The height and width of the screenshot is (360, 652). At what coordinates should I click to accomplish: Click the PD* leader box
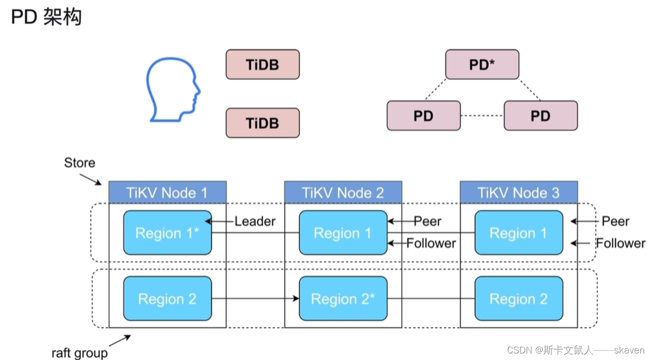coord(482,64)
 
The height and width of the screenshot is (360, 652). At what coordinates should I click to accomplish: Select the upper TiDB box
coord(262,64)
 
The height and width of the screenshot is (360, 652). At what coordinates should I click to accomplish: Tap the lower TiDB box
coord(262,123)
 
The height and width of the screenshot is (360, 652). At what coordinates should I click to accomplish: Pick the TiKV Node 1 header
coord(167,192)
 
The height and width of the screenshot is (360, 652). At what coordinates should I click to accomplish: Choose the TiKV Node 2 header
coord(343,192)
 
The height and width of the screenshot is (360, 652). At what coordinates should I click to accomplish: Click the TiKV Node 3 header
coord(519,192)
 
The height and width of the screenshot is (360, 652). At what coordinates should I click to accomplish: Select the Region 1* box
coord(167,233)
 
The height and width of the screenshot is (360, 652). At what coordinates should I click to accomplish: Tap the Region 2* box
coord(343,299)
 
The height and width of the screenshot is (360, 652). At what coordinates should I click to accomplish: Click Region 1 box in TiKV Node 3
coord(519,233)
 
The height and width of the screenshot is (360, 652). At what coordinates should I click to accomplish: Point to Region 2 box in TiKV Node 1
coord(167,299)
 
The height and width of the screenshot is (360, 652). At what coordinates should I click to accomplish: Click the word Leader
coord(255,222)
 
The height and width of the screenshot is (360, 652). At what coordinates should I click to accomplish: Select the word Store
coord(80,163)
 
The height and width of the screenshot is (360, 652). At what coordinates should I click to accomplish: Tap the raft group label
coord(80,353)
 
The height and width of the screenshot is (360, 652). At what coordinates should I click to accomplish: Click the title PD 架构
coord(46,17)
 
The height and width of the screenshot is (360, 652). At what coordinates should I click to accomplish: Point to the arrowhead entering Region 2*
coord(296,299)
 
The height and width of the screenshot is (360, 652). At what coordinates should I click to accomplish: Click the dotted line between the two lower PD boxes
coord(482,116)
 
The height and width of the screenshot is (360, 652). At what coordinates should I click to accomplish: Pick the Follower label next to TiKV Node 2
coord(431,243)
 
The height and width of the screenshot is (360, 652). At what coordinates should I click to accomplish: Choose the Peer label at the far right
coord(615,222)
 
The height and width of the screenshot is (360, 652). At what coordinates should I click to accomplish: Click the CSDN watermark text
coord(575,350)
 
